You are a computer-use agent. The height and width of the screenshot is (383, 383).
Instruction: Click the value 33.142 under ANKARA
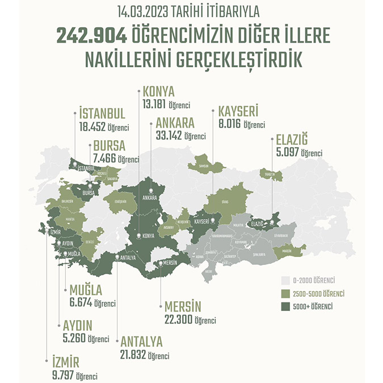pos(169,136)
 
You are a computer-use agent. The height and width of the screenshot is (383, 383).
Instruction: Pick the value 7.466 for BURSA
pos(106,159)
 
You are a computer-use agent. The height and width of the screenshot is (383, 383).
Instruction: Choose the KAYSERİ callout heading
pos(235,112)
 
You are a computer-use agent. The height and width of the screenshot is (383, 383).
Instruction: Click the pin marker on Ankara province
pos(150,191)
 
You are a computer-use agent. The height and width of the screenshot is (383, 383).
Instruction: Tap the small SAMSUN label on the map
pos(203,166)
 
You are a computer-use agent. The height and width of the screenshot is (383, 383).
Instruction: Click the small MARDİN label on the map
pos(289,250)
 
